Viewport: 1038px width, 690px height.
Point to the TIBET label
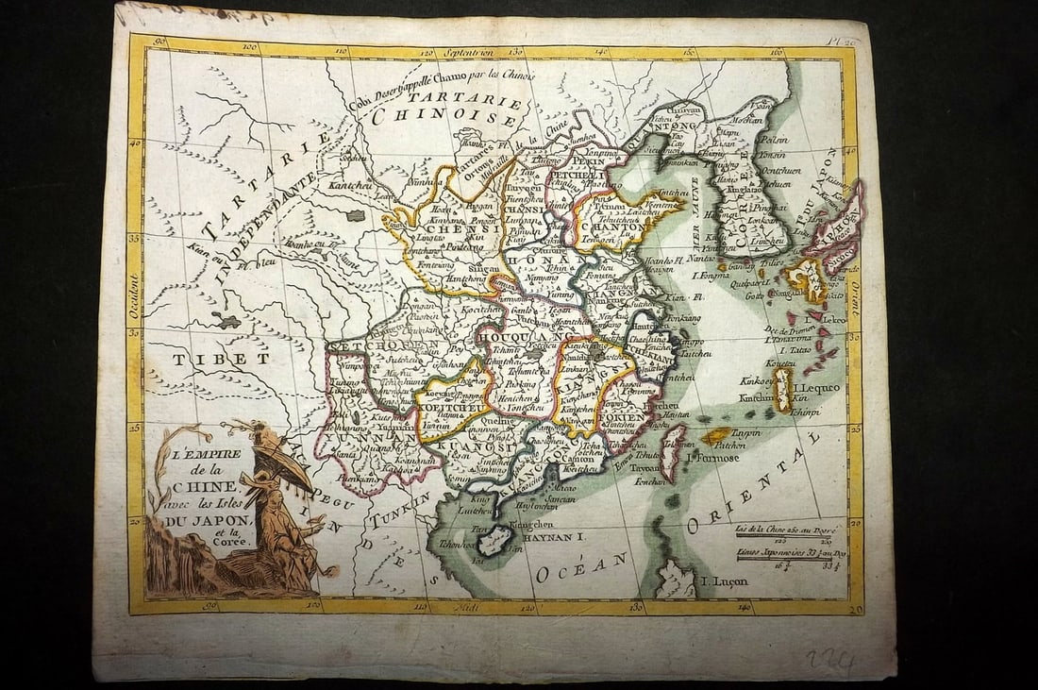tap(222, 359)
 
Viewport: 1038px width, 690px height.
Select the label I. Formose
tap(713, 458)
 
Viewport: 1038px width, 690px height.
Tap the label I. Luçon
tap(723, 581)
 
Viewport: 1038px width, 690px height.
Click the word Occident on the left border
tap(134, 294)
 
